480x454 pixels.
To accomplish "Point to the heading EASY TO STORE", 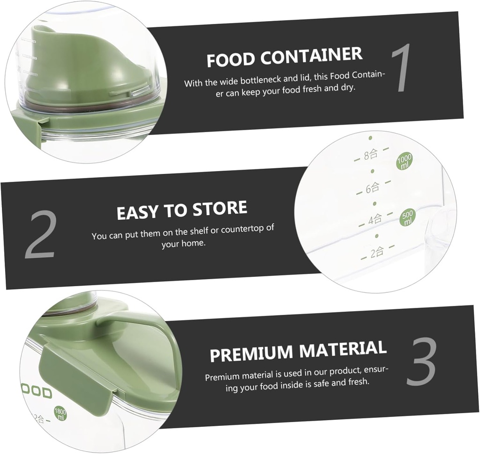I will click(x=182, y=210).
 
